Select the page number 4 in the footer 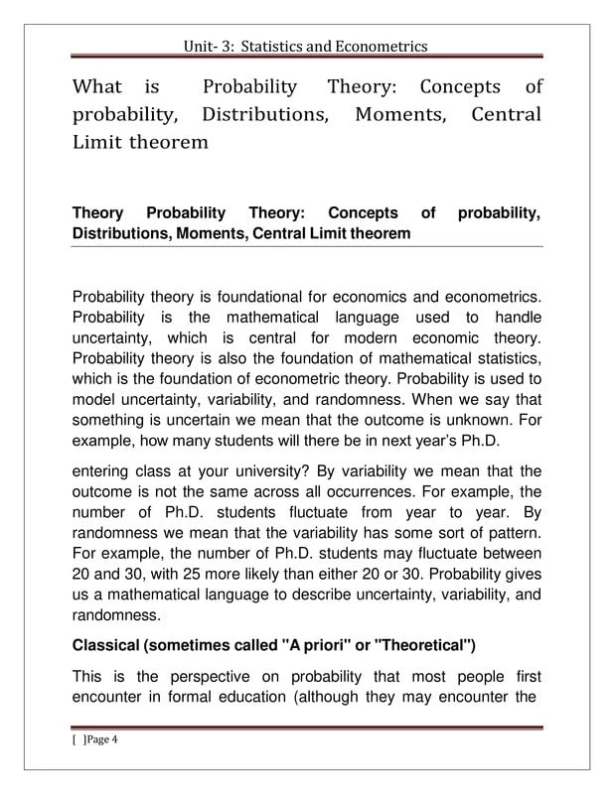tap(115, 739)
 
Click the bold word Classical tap(105, 646)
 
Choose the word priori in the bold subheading tap(320, 646)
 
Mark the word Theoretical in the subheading tap(419, 646)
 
